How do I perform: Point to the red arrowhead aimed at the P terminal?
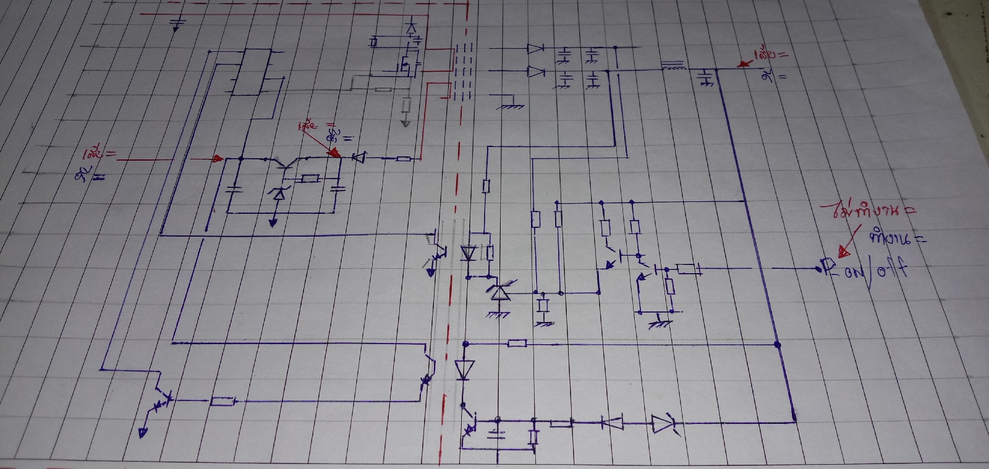842,251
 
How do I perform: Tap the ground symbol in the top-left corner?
177,24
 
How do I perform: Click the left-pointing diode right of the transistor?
357,158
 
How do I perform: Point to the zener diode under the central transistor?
279,194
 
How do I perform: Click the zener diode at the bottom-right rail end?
663,423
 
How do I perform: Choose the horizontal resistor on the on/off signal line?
687,269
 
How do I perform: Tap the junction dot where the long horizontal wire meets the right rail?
777,344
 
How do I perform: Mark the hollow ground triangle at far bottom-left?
143,433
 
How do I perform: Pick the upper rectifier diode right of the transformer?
535,49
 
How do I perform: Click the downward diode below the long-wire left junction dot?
464,370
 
